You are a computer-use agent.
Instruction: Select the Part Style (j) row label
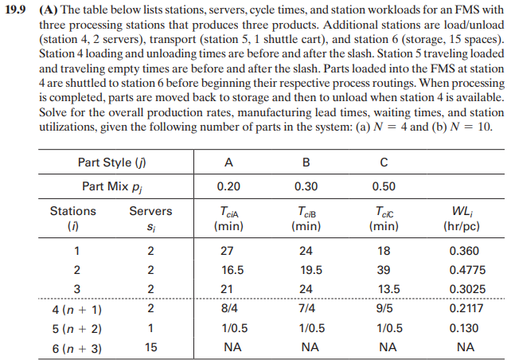coord(115,162)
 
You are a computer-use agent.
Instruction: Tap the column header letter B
coord(306,162)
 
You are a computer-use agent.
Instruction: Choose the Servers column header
coord(150,211)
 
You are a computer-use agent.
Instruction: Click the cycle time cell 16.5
coord(229,270)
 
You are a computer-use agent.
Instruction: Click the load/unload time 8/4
coord(229,308)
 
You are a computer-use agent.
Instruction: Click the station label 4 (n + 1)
coord(73,308)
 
